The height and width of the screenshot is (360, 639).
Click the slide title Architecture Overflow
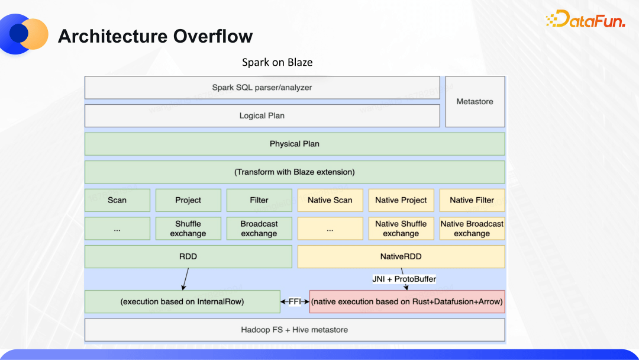[x=155, y=36]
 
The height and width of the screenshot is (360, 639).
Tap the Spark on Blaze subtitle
[x=277, y=62]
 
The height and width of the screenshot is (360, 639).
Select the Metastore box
[x=475, y=101]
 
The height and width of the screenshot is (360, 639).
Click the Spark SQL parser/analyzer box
[x=262, y=88]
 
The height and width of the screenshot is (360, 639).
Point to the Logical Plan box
[x=262, y=115]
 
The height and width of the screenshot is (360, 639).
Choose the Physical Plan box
[x=295, y=144]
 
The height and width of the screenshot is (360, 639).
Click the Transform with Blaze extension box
[x=295, y=172]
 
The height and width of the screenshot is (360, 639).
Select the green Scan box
[x=117, y=200]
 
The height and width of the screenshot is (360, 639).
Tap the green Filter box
[x=259, y=200]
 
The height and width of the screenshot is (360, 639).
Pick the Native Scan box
[x=330, y=200]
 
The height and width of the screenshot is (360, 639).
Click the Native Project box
[x=401, y=200]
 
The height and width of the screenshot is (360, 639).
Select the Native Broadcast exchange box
[x=472, y=229]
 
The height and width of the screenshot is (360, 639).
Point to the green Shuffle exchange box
[x=188, y=229]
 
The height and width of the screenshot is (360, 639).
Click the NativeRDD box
[x=401, y=257]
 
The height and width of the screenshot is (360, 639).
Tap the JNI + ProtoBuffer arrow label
[x=404, y=279]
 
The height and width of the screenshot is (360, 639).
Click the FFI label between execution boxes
[x=295, y=301]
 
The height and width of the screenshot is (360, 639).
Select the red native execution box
[x=407, y=301]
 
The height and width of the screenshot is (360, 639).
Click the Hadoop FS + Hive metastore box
[x=295, y=330]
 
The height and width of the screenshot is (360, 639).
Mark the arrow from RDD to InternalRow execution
[x=185, y=279]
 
